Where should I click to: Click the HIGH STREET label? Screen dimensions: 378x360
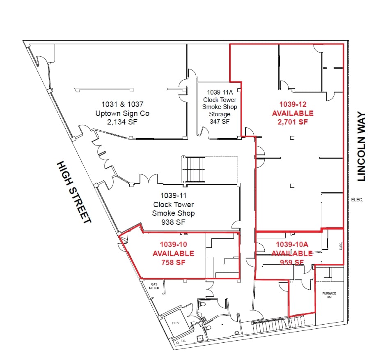pos(74,192)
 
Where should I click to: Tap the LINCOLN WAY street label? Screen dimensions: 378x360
pos(361,146)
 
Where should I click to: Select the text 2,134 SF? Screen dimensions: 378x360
pos(122,122)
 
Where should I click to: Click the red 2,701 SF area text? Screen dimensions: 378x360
pos(293,122)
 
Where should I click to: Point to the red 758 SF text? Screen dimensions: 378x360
pos(173,262)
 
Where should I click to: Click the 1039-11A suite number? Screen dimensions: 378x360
pos(220,92)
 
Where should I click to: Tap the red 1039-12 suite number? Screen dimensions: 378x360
pos(293,104)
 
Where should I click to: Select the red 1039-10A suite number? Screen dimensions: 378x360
pos(292,245)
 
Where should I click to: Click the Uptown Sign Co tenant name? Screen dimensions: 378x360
pos(122,113)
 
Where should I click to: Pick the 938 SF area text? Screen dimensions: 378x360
pos(173,222)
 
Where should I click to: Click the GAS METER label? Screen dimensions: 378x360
pos(154,286)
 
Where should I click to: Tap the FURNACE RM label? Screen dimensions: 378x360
pos(329,295)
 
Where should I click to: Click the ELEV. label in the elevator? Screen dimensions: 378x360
pos(176,323)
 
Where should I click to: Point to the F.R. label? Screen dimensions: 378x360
pos(183,341)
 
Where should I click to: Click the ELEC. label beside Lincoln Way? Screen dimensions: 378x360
pos(357,200)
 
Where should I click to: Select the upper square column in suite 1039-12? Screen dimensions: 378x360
pos(292,138)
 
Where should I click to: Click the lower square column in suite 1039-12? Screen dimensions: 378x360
pos(292,186)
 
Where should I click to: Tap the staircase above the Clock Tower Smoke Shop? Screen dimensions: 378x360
pos(194,169)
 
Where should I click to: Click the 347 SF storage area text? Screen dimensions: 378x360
pos(220,121)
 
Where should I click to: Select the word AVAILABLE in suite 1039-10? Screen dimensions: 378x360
pos(173,253)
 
